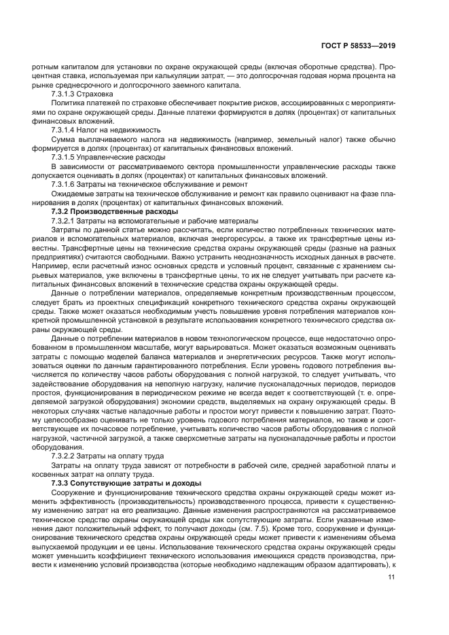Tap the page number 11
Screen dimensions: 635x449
click(x=392, y=577)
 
